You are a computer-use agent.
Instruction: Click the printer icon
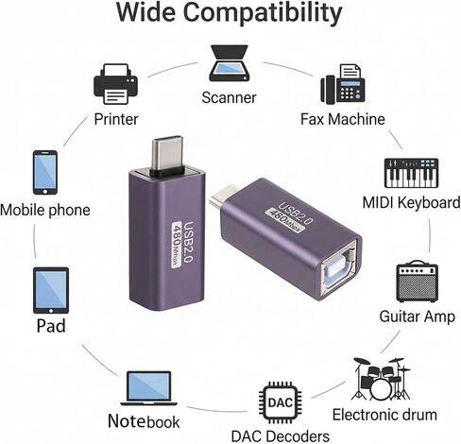(116, 84)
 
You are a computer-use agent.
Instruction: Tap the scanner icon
(230, 63)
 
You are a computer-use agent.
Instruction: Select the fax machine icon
(343, 84)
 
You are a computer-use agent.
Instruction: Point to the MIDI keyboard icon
(411, 173)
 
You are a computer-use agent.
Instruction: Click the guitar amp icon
(417, 282)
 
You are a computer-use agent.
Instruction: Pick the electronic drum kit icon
(382, 379)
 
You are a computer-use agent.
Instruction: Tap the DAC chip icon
(280, 402)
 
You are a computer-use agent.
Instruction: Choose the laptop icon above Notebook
(148, 388)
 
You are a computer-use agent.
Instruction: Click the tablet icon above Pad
(51, 290)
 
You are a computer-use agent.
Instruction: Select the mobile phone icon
(45, 172)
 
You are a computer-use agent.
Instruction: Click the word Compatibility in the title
(263, 12)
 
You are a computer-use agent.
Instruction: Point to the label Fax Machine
(343, 119)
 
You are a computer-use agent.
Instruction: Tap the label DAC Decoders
(280, 436)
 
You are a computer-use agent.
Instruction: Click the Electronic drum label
(384, 415)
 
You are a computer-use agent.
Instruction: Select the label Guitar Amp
(417, 316)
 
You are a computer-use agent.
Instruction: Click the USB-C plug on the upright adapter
(167, 154)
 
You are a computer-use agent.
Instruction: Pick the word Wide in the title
(145, 12)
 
